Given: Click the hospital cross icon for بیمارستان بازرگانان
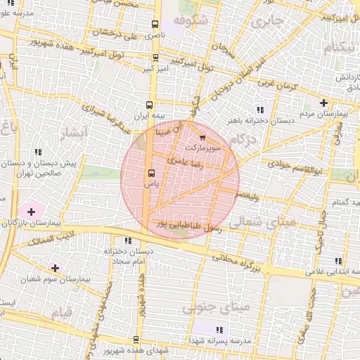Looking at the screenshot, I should pyautogui.click(x=31, y=211).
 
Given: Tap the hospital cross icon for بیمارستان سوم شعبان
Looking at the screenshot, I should pyautogui.click(x=55, y=268).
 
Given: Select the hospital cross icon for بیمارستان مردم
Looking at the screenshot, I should pyautogui.click(x=323, y=103).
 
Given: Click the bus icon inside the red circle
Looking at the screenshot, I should pyautogui.click(x=150, y=173).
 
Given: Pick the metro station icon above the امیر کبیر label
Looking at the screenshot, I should pyautogui.click(x=155, y=58).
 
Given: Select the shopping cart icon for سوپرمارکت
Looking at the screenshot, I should pyautogui.click(x=203, y=138).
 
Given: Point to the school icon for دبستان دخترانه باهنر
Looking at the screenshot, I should pyautogui.click(x=261, y=109).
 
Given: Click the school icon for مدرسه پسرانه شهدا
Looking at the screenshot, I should pyautogui.click(x=219, y=329).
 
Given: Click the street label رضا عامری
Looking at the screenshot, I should pyautogui.click(x=184, y=162).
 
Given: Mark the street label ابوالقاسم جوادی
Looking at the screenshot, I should pyautogui.click(x=295, y=169).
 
